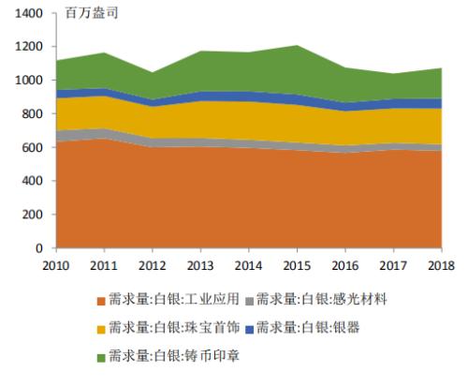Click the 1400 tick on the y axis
(x=27, y=13)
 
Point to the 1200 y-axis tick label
(x=27, y=47)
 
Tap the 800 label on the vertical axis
(x=31, y=114)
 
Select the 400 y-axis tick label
(x=31, y=182)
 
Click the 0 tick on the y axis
(x=38, y=249)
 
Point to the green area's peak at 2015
(x=296, y=45)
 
